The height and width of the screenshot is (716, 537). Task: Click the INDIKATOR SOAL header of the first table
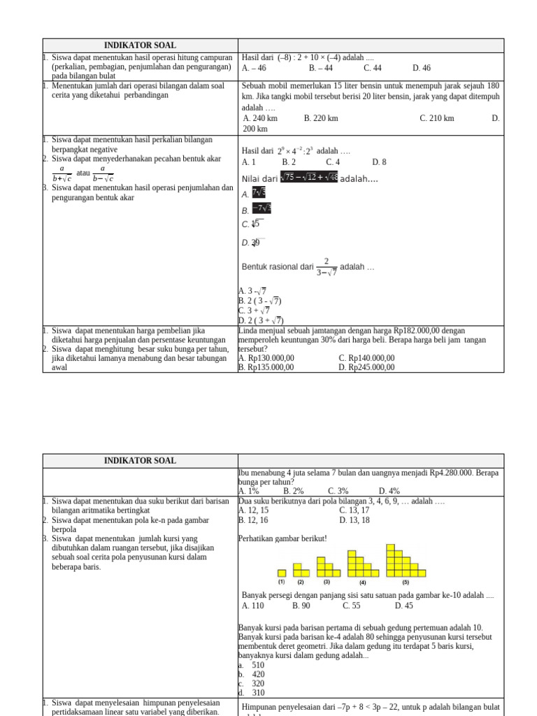point(140,45)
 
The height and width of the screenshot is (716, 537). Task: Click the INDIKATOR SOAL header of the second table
point(140,461)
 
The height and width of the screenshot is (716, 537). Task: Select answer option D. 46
point(422,68)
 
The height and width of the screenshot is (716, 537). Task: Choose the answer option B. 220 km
point(321,118)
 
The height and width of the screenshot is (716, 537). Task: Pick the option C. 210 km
point(437,118)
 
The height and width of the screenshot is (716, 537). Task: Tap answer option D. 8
point(379,162)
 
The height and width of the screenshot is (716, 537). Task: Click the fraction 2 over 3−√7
point(327,266)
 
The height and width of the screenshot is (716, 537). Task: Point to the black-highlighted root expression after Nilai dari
point(309,178)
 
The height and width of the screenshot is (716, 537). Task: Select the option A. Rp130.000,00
point(266,358)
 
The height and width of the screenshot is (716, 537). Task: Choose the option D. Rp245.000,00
point(366,367)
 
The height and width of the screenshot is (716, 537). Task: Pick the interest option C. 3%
point(338,491)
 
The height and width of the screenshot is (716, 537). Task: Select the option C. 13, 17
point(355,510)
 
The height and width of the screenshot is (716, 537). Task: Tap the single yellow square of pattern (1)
point(282,573)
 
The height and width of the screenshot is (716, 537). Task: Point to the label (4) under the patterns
point(363,582)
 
